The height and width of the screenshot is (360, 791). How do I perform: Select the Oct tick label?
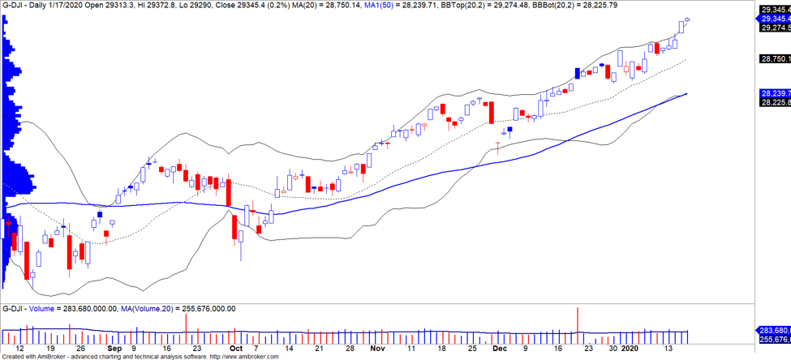(235, 348)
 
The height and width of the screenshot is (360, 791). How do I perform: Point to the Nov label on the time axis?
(376, 348)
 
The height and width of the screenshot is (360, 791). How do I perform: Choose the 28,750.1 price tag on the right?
(775, 58)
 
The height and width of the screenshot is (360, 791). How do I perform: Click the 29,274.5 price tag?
(775, 28)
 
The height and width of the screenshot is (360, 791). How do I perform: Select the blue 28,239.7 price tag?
(775, 93)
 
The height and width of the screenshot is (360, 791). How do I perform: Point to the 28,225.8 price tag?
(775, 102)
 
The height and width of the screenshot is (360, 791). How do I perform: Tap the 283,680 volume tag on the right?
(775, 331)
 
